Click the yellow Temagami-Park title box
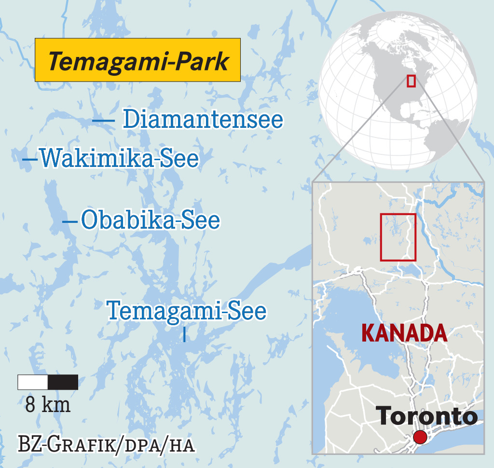pyautogui.click(x=137, y=60)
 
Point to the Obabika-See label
pyautogui.click(x=151, y=220)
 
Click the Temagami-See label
pyautogui.click(x=186, y=310)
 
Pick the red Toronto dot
pyautogui.click(x=420, y=437)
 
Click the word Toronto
pyautogui.click(x=426, y=416)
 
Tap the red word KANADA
pyautogui.click(x=404, y=333)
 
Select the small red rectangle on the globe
pyautogui.click(x=411, y=81)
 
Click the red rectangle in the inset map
pyautogui.click(x=398, y=236)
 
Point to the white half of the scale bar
pyautogui.click(x=33, y=382)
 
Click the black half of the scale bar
pyautogui.click(x=63, y=382)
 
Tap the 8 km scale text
pyautogui.click(x=48, y=404)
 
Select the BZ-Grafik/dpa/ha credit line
pyautogui.click(x=106, y=444)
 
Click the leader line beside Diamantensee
pyautogui.click(x=103, y=120)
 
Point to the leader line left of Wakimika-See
pyautogui.click(x=30, y=159)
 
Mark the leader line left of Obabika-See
pyautogui.click(x=70, y=221)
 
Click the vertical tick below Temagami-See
pyautogui.click(x=185, y=335)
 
